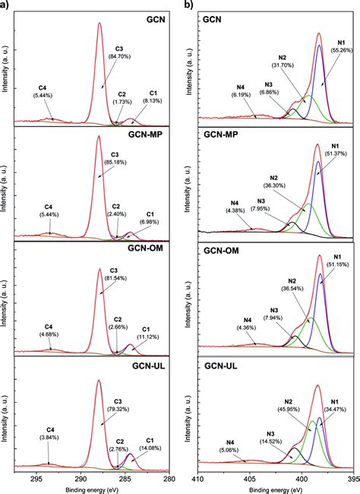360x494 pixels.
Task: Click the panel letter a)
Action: pyautogui.click(x=5, y=5)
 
